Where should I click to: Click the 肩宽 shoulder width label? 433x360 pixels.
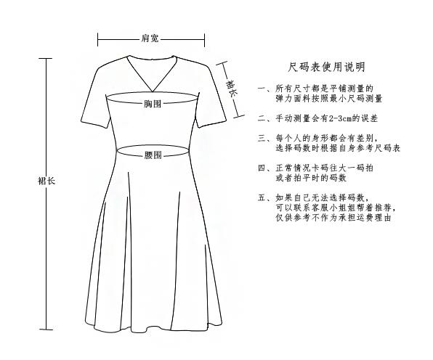[150, 38]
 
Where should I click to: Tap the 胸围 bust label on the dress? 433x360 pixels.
[153, 104]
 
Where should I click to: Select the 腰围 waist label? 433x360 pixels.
[153, 155]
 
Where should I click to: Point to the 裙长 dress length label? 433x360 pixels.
[46, 181]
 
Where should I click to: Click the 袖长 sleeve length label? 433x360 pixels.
[232, 88]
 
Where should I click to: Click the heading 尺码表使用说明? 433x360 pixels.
[326, 67]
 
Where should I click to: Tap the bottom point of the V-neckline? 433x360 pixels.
[153, 91]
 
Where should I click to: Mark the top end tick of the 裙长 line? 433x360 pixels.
[46, 59]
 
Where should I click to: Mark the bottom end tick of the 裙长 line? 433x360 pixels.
[46, 330]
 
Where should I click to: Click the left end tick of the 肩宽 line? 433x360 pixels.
[98, 40]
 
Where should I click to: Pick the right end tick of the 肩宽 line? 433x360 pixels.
[204, 40]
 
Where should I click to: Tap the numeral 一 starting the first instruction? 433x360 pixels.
[262, 89]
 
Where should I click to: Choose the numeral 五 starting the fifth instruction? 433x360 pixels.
[262, 198]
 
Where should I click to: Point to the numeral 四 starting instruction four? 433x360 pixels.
[262, 168]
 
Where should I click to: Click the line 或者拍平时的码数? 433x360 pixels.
[311, 178]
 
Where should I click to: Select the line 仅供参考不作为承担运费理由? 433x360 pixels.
[333, 218]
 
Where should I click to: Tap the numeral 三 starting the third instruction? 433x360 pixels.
[262, 138]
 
